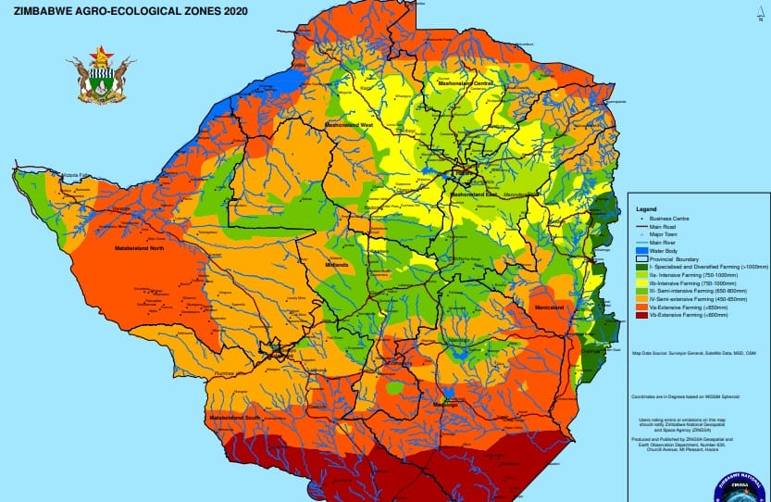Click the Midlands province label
click(335, 265)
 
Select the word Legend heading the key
click(646, 209)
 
